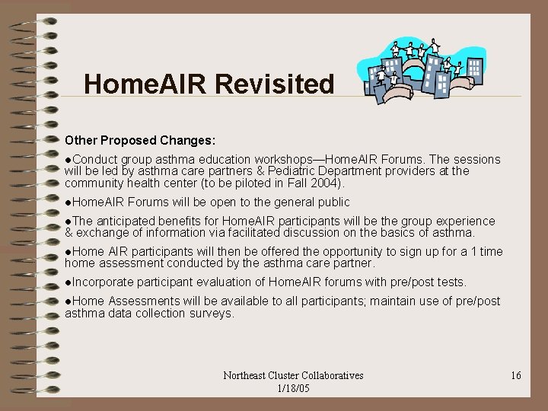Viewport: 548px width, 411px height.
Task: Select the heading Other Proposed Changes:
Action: (140, 141)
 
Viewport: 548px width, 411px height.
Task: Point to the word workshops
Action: (282, 160)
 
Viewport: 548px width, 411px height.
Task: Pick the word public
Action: (330, 202)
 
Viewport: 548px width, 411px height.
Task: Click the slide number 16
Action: (515, 376)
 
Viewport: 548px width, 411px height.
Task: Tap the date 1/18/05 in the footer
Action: (293, 388)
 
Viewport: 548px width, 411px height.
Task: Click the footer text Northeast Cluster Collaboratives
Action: (293, 376)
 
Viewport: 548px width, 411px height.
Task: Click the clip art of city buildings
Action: (411, 72)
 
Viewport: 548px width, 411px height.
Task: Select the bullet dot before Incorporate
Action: (68, 282)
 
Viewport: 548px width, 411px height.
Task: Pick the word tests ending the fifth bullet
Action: (450, 282)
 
